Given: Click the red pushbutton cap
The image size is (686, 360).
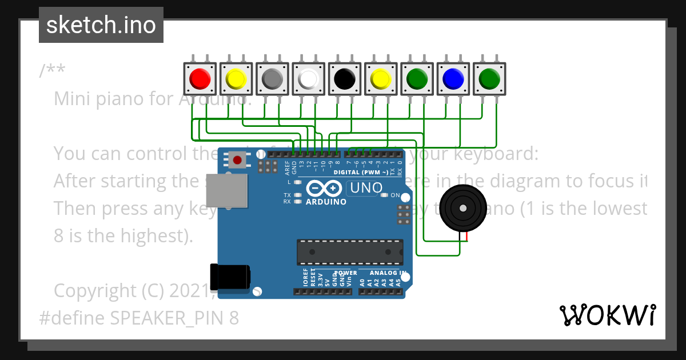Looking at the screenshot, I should pyautogui.click(x=200, y=78).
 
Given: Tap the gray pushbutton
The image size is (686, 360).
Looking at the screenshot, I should pyautogui.click(x=272, y=78).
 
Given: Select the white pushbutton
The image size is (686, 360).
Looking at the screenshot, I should pyautogui.click(x=308, y=78).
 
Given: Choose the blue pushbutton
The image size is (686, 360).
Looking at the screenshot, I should pyautogui.click(x=453, y=78).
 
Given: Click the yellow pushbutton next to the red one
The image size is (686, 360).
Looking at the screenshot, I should pyautogui.click(x=236, y=78).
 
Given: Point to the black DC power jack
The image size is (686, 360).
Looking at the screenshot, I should pyautogui.click(x=230, y=277).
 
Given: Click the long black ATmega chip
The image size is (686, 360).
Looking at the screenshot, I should pyautogui.click(x=349, y=252).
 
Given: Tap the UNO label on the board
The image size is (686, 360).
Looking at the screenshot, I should pyautogui.click(x=365, y=187).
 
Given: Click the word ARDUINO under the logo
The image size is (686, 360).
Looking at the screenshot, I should pyautogui.click(x=325, y=202).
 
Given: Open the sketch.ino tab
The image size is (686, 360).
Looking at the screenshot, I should pyautogui.click(x=101, y=25).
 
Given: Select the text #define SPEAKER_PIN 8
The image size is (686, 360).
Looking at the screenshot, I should pyautogui.click(x=139, y=318).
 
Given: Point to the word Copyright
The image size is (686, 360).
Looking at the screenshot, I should pyautogui.click(x=95, y=290).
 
